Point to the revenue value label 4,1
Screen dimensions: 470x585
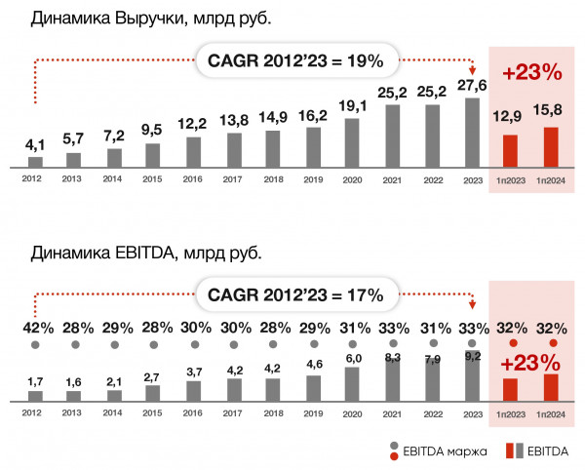click(35, 145)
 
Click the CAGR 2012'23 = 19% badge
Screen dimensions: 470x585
click(295, 60)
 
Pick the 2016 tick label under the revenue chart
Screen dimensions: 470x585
click(192, 178)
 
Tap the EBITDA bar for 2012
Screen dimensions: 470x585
click(35, 396)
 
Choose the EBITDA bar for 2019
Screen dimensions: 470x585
click(313, 388)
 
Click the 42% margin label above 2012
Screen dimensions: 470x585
click(35, 327)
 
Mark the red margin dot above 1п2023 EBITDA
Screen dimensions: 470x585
click(512, 343)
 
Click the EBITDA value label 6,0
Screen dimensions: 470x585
click(352, 359)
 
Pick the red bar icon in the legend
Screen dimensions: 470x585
click(511, 450)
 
